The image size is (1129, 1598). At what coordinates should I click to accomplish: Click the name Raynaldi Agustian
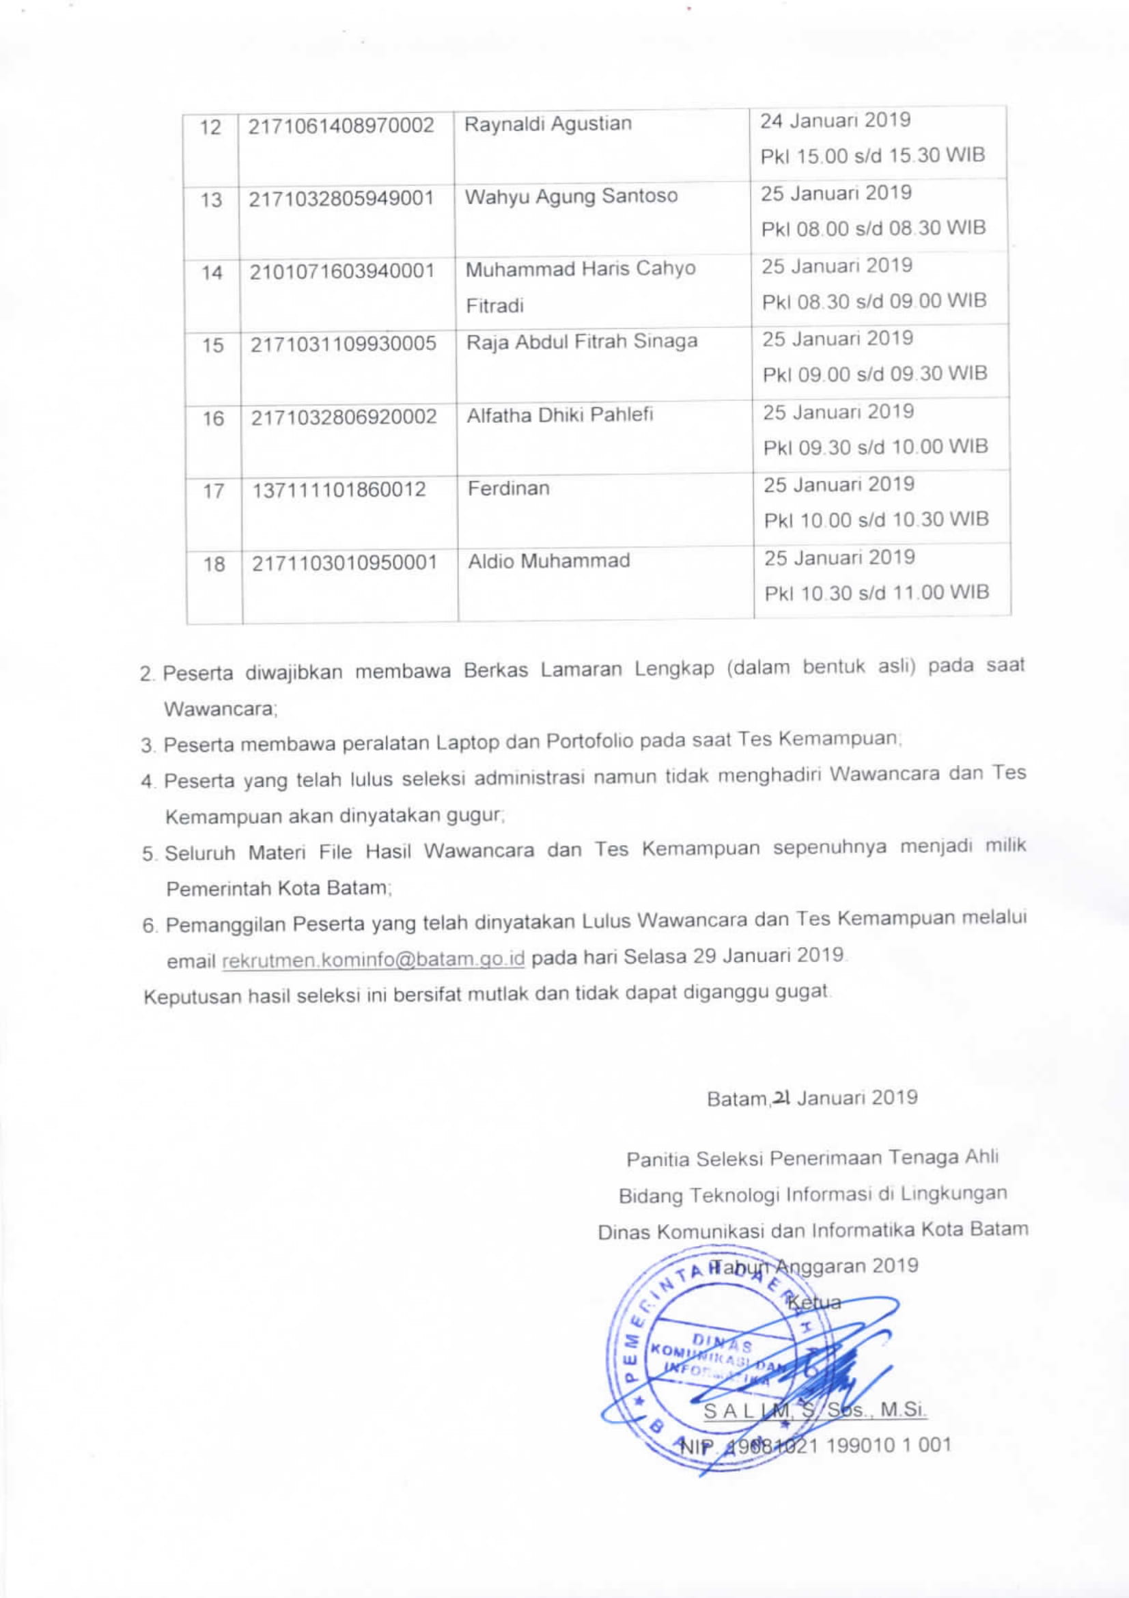[548, 124]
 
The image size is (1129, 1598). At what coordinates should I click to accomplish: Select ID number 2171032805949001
[341, 198]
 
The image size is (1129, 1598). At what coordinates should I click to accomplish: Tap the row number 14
[212, 272]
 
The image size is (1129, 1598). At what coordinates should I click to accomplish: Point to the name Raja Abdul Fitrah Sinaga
[581, 342]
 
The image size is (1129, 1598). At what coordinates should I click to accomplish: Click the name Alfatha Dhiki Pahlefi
[559, 415]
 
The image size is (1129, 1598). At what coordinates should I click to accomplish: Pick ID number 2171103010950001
[344, 562]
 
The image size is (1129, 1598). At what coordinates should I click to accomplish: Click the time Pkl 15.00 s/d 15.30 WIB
[872, 155]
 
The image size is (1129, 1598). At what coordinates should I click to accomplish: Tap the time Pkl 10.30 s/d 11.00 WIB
[876, 593]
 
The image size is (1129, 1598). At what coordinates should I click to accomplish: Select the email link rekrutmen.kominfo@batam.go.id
[373, 960]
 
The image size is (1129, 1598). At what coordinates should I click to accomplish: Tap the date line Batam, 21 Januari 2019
[812, 1099]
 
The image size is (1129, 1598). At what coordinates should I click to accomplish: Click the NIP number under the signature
[814, 1445]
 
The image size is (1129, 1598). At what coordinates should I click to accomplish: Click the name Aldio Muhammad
[548, 561]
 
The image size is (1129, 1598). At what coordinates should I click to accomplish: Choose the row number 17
[213, 491]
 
